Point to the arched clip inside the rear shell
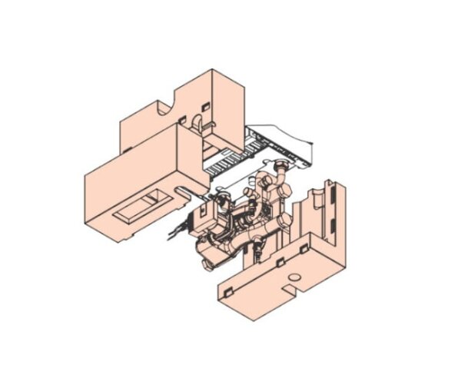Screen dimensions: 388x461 pyautogui.click(x=197, y=124)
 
